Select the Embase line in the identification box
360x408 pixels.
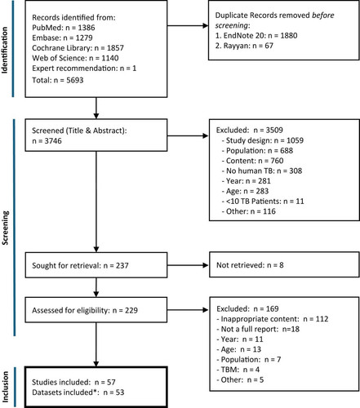click(62, 38)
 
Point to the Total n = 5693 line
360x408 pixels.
click(58, 80)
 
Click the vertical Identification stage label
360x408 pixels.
click(5, 51)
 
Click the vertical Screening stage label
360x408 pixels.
click(5, 228)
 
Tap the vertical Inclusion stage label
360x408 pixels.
click(5, 387)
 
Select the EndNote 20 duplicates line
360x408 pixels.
click(256, 35)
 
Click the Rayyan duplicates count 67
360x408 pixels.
click(269, 46)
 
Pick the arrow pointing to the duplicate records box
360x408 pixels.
click(188, 26)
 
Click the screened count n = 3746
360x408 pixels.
click(47, 141)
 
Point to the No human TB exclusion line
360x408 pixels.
click(262, 171)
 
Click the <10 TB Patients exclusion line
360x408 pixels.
click(263, 202)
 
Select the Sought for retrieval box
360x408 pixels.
click(96, 265)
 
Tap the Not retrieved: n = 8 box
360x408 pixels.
click(284, 264)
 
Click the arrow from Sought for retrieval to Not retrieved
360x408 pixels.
click(188, 265)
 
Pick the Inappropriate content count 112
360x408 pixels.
click(322, 319)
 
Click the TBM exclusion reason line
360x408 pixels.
click(238, 370)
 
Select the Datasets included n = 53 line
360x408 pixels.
click(78, 392)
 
